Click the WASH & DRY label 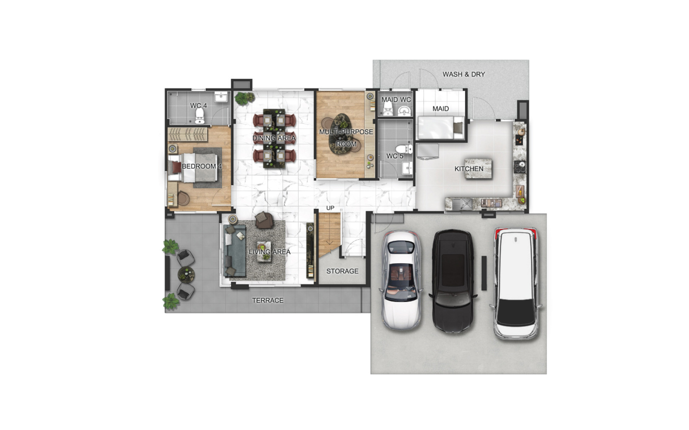click(463, 74)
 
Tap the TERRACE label click(267, 301)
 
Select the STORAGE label click(342, 271)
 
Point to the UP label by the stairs click(330, 208)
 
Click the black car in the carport click(453, 281)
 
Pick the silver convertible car click(401, 280)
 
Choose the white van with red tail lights click(516, 283)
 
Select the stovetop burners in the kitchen click(520, 167)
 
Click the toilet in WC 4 click(200, 116)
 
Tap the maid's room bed click(440, 127)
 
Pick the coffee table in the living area click(264, 251)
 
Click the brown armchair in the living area click(264, 220)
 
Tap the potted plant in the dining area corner click(245, 98)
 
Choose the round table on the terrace click(186, 274)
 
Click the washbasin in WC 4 click(221, 96)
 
